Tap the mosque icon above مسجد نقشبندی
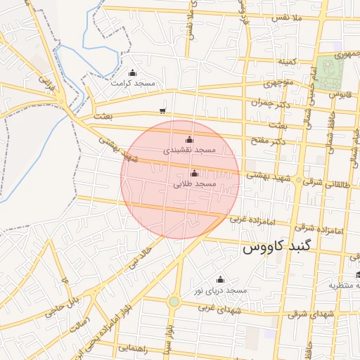tap(188, 139)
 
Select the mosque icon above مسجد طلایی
tap(195, 173)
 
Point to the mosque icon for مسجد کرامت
tap(133, 72)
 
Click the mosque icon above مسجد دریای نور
tap(220, 279)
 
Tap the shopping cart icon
tap(163, 110)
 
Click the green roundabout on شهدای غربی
tap(174, 302)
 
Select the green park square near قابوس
tap(326, 71)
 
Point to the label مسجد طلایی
tap(195, 184)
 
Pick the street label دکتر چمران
tap(270, 103)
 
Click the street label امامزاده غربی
tap(250, 219)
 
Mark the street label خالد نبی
tap(139, 258)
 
